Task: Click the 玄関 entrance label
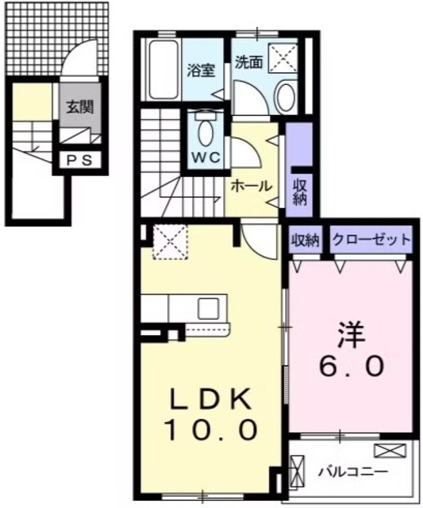(77, 107)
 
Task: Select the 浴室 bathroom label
(200, 71)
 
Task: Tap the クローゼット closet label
(371, 239)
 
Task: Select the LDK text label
(210, 397)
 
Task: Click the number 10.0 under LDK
(210, 430)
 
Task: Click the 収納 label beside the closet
(304, 239)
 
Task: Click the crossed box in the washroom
(283, 59)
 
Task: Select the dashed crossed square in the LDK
(167, 241)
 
